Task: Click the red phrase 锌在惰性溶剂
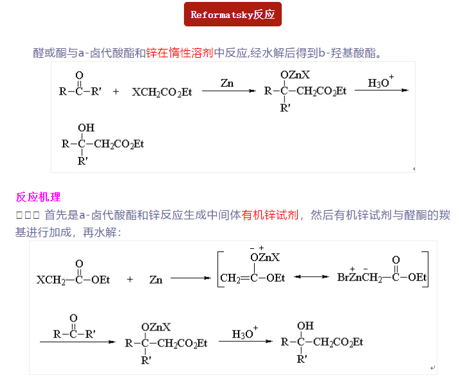(179, 53)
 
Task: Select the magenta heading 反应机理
(38, 197)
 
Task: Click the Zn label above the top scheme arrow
(227, 83)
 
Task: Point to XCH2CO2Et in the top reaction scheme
(162, 92)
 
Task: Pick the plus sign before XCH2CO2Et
(116, 92)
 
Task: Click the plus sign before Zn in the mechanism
(129, 279)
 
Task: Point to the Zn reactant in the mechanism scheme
(156, 279)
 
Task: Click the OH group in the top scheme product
(86, 128)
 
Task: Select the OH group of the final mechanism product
(306, 325)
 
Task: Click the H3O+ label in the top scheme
(380, 83)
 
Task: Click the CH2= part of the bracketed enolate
(233, 278)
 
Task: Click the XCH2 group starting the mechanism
(50, 280)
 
